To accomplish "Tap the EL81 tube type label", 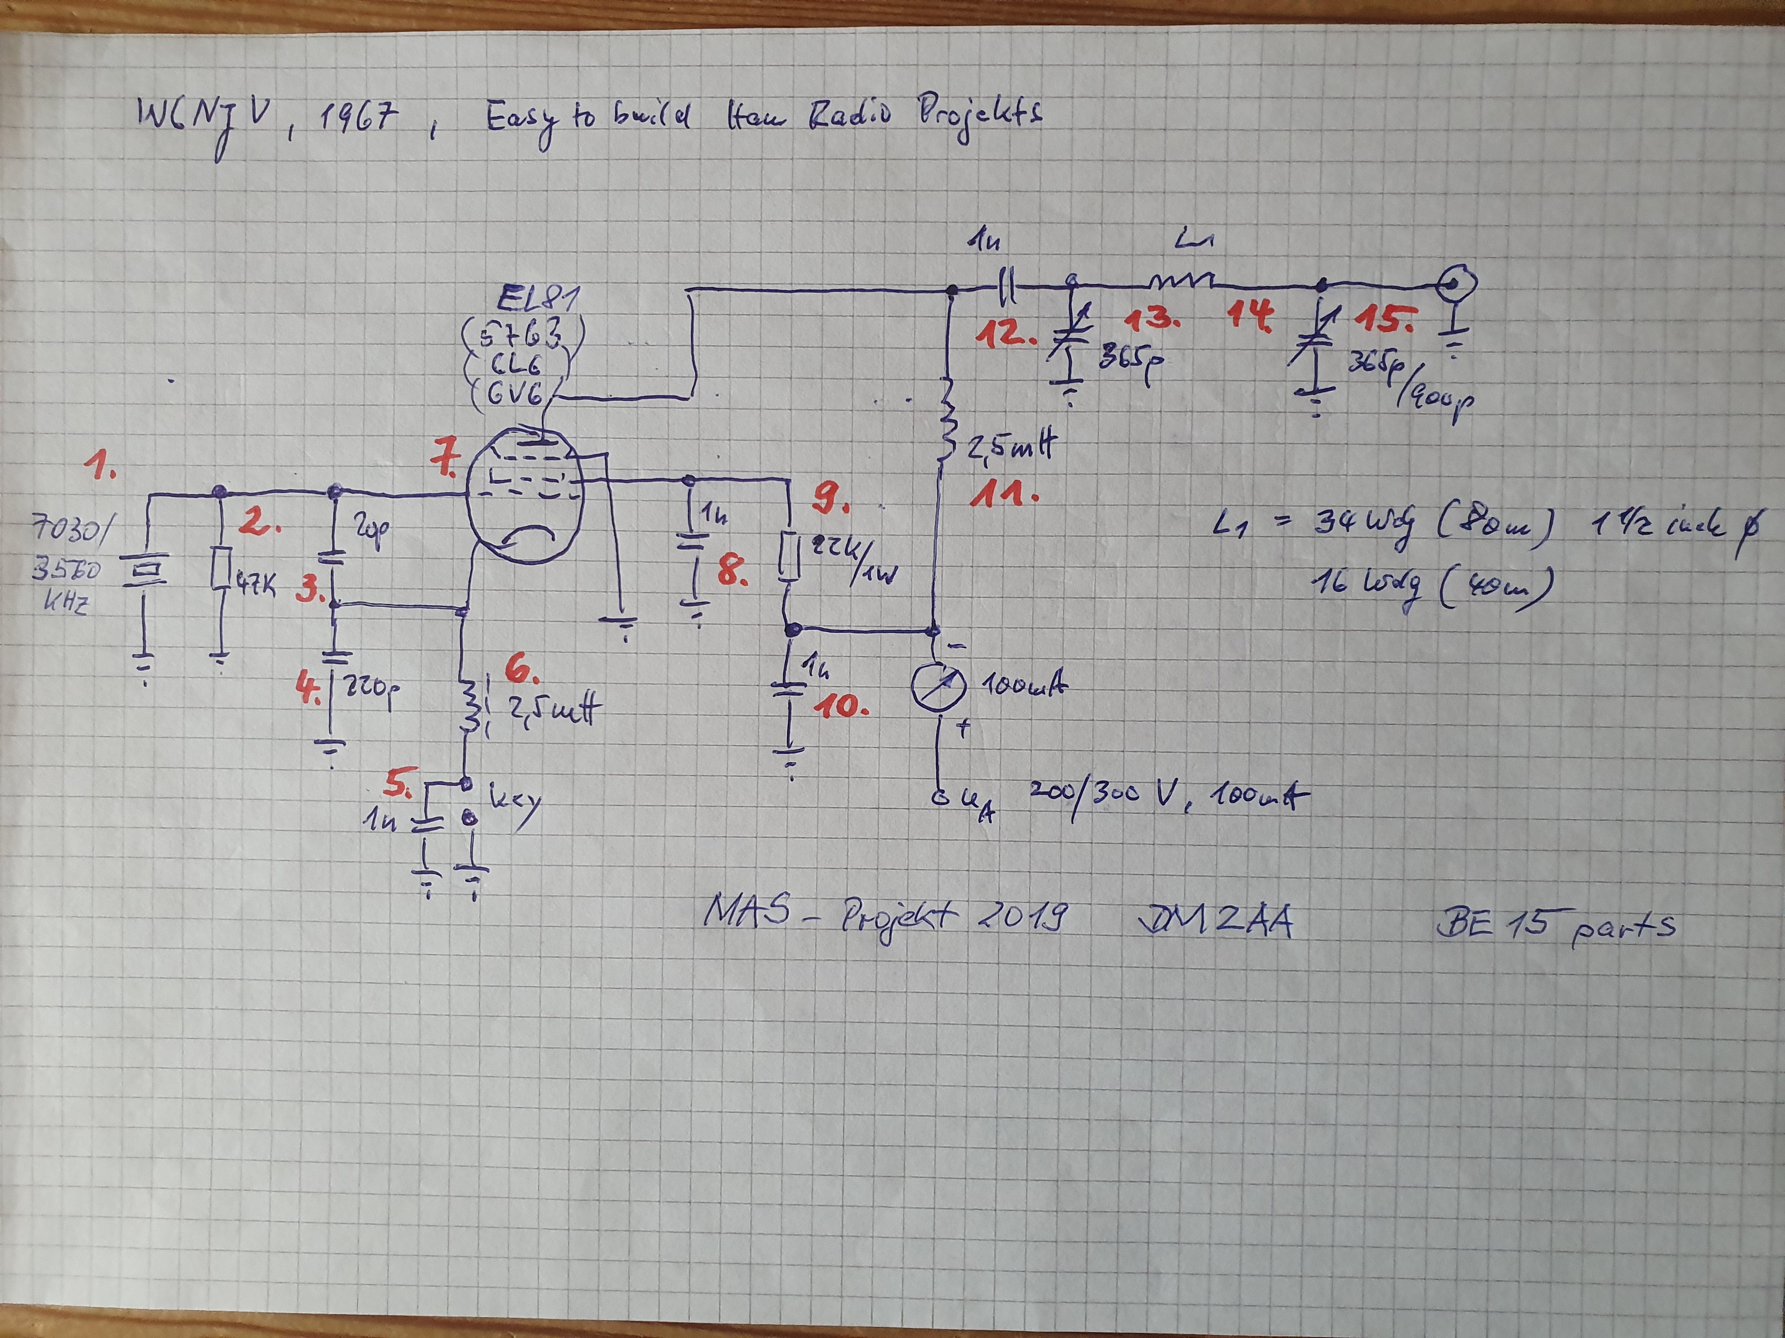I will [537, 301].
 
